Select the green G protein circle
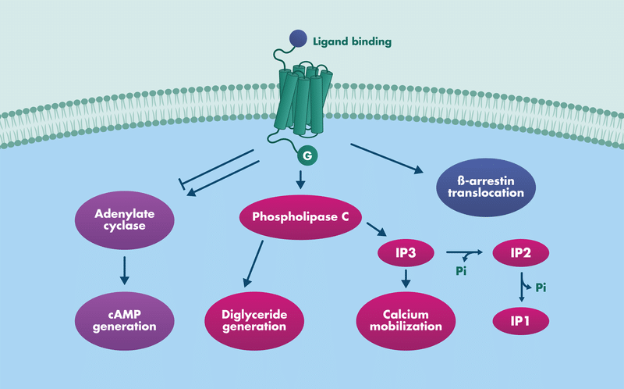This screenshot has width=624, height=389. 307,156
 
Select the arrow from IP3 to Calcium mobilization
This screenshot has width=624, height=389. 406,280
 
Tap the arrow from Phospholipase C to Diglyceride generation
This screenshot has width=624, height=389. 254,264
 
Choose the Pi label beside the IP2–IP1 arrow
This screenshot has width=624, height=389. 541,288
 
